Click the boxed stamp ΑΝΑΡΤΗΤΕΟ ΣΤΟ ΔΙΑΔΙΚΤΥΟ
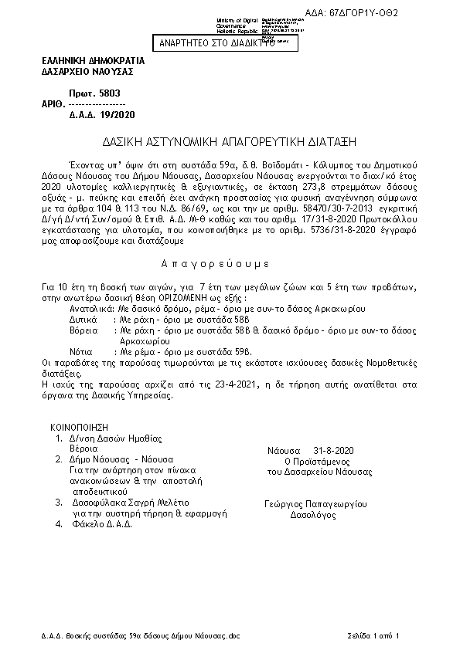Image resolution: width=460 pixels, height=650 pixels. [217, 44]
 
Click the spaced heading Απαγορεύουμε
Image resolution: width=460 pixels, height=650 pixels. [229, 263]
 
